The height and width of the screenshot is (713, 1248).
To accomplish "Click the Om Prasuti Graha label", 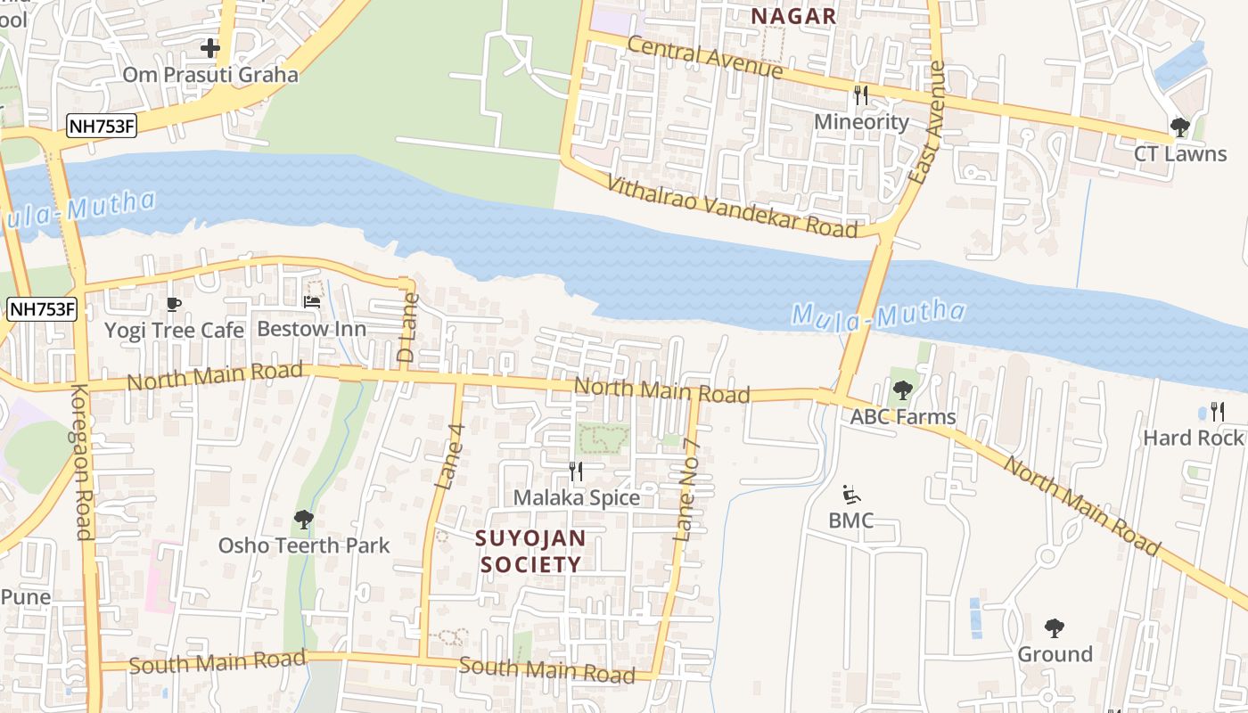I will coord(210,74).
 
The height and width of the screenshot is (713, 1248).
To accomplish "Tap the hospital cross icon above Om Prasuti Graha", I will coord(210,47).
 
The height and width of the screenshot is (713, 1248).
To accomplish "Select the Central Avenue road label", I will coord(704,57).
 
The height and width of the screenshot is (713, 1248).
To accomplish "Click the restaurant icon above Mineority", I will coord(860,95).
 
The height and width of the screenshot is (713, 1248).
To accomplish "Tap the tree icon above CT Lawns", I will coord(1179,127).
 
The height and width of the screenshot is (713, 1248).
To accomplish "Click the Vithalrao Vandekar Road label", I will coord(732,207).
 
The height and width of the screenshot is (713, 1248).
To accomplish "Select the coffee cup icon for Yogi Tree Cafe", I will coord(174,305).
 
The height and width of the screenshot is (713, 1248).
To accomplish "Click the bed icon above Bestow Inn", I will coord(312,302).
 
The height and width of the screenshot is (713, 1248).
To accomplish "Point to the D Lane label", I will coord(406,326).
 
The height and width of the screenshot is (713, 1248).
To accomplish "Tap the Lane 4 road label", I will coord(450,455).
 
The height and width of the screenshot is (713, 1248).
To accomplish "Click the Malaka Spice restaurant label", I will coord(577,497).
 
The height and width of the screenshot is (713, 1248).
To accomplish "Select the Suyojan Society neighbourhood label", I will coord(530,551).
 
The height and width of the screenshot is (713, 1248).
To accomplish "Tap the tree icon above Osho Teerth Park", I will coord(304,519).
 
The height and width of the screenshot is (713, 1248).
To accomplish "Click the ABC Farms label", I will coord(902,416).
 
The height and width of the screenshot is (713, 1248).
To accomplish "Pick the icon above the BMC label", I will coord(851,495).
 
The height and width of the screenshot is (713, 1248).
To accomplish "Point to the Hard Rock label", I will coord(1193,438).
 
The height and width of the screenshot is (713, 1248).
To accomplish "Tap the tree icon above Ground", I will coord(1055,628).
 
